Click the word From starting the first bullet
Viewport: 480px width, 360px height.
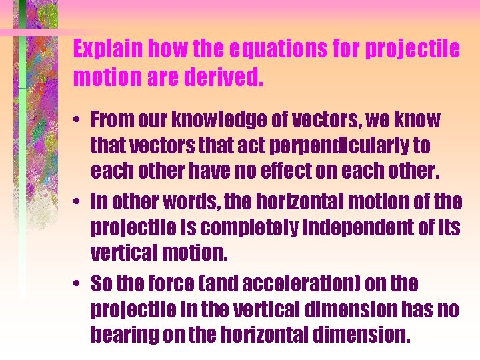click(x=111, y=120)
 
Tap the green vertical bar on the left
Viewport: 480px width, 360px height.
click(x=23, y=167)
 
